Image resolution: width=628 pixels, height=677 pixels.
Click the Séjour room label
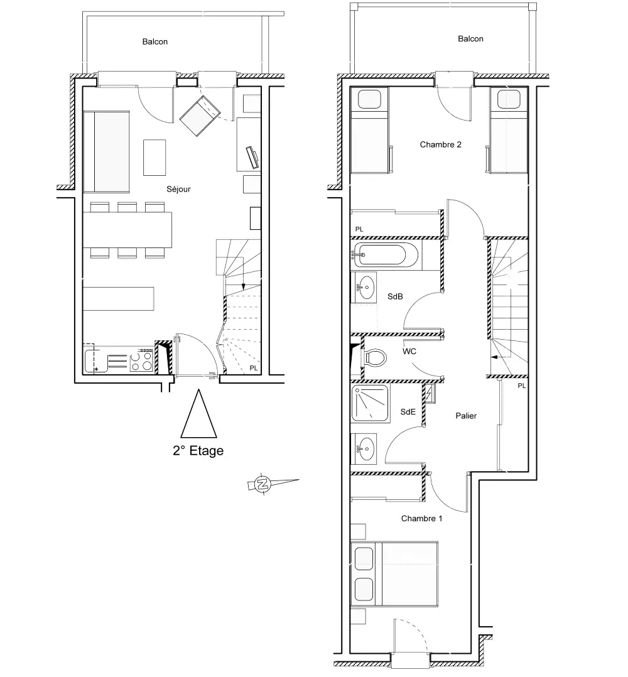click(x=178, y=189)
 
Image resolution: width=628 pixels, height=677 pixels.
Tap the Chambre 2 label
click(x=440, y=144)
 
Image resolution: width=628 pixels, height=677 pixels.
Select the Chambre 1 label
click(x=421, y=519)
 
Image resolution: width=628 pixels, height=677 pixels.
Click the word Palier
click(x=466, y=416)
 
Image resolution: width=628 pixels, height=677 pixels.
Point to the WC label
click(x=409, y=352)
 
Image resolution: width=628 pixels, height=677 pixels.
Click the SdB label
click(x=395, y=296)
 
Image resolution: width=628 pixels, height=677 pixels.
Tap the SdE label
click(x=408, y=412)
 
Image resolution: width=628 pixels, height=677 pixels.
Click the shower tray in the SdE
click(x=370, y=404)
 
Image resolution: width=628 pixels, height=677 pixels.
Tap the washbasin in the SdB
click(x=365, y=286)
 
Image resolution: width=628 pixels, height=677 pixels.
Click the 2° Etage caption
click(x=198, y=451)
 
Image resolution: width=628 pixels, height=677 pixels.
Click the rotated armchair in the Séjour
click(x=200, y=116)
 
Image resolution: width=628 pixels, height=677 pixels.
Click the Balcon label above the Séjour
click(x=155, y=42)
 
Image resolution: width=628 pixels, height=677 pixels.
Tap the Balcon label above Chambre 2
click(x=470, y=39)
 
